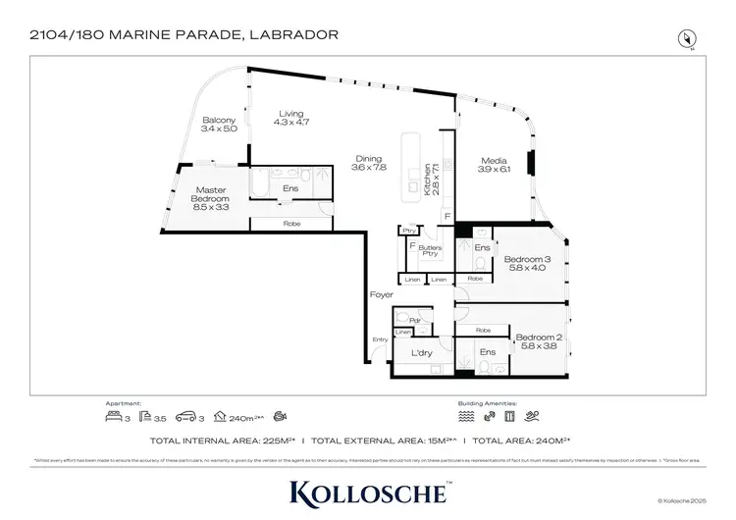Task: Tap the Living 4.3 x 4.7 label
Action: (x=292, y=117)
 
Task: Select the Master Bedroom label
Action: (x=211, y=199)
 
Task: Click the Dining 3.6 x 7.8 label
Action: (x=370, y=162)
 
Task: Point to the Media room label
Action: (x=494, y=164)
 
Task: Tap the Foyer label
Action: (x=381, y=294)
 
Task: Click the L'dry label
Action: (x=422, y=353)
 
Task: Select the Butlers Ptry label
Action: (x=430, y=250)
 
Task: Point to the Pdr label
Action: (x=414, y=319)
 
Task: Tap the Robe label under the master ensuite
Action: (x=291, y=225)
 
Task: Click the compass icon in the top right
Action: (x=687, y=37)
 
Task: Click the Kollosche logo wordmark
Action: (x=368, y=493)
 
